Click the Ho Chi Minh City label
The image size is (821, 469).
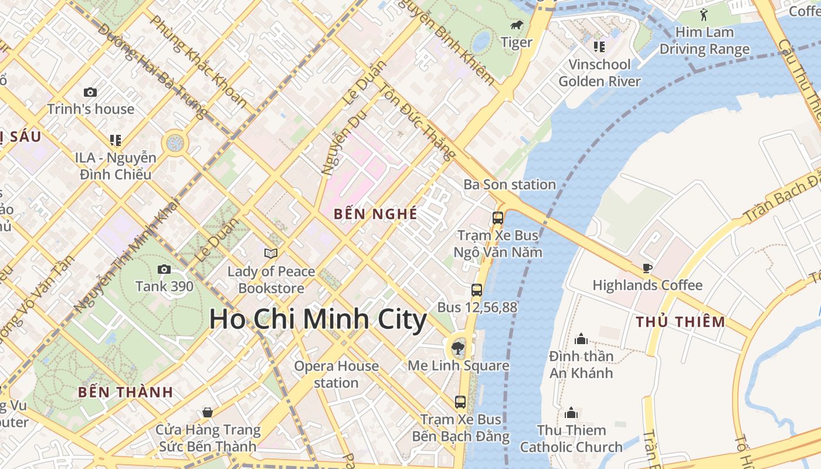(x=318, y=320)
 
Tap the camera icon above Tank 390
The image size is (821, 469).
(x=164, y=269)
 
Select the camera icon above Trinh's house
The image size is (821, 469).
(x=90, y=92)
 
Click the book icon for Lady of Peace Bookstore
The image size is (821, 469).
(x=270, y=253)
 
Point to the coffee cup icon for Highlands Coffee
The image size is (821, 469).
(x=647, y=268)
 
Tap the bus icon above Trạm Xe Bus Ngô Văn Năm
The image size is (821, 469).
(x=498, y=218)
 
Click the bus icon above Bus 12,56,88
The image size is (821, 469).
(x=477, y=290)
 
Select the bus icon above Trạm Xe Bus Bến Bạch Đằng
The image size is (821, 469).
(x=460, y=402)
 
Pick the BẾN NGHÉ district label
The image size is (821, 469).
(x=375, y=214)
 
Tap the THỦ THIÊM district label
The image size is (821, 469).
(x=680, y=322)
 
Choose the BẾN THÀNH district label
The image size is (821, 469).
(x=125, y=392)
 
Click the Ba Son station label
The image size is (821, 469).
(x=509, y=185)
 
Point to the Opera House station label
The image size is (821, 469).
(x=336, y=374)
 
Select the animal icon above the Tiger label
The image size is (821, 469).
(x=517, y=25)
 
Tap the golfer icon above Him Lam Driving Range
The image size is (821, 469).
(x=704, y=14)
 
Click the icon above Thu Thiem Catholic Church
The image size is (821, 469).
(x=571, y=413)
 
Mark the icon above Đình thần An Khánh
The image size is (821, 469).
(x=581, y=339)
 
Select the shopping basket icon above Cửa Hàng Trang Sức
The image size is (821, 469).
(x=207, y=412)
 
